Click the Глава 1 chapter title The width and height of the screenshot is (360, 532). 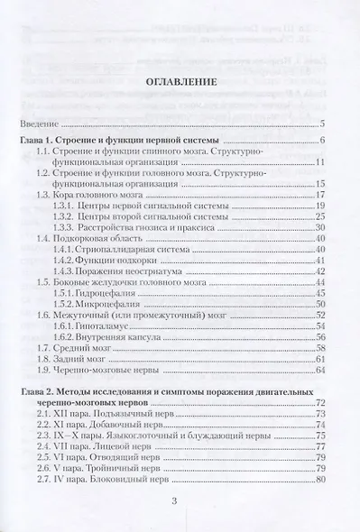[126, 142]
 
